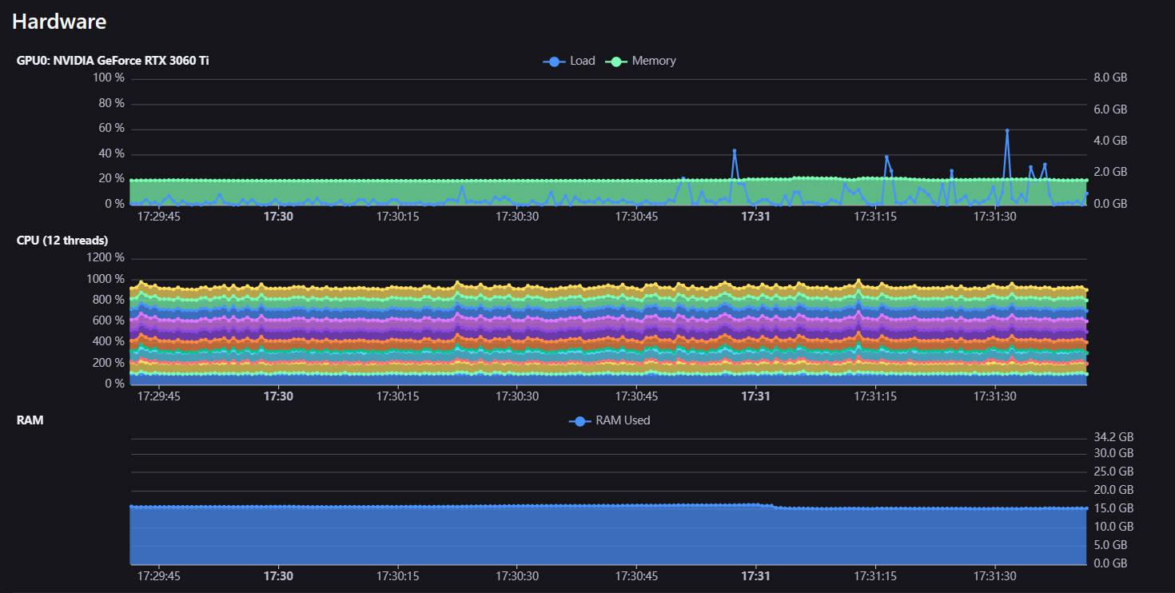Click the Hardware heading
pos(59,22)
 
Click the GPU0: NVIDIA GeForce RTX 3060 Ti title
pos(113,61)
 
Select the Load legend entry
pos(569,61)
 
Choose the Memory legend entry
pos(641,61)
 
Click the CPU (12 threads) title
pos(62,241)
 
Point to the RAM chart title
pos(30,420)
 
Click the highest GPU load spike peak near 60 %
pos(1007,130)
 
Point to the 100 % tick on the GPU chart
pos(109,78)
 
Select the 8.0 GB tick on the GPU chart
pos(1109,78)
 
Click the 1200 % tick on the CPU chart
pos(106,258)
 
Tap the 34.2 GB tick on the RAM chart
pos(1113,437)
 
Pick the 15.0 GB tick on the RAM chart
pos(1113,508)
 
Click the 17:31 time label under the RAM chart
pos(755,576)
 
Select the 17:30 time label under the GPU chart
pos(278,216)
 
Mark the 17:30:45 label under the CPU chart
pos(636,396)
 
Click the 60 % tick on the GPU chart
pos(111,129)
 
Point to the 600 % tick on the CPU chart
pos(109,320)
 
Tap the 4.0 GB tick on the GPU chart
pos(1109,141)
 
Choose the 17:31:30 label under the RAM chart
pos(995,576)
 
